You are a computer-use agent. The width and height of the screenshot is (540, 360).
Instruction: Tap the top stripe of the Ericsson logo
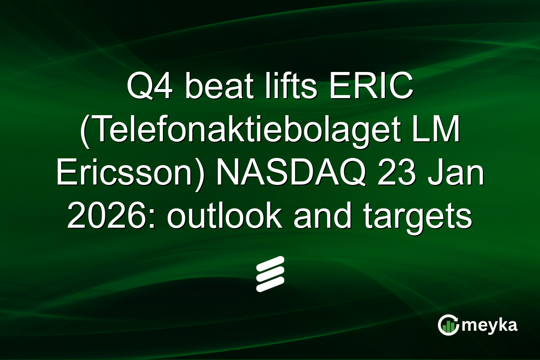coord(270,263)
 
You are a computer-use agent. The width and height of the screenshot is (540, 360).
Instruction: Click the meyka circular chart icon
coord(448,325)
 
